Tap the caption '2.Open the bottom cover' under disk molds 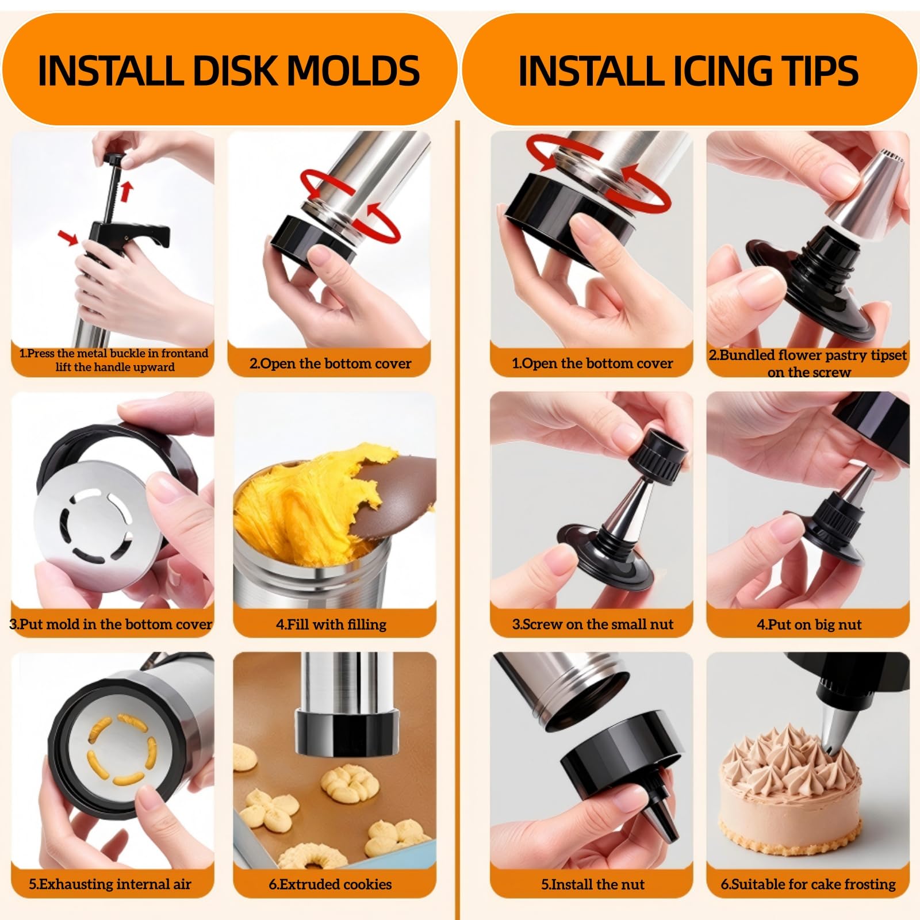[x=331, y=363]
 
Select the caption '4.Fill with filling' [x=331, y=624]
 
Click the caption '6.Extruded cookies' [x=331, y=884]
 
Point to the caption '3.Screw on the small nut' [x=593, y=624]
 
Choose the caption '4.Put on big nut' [x=809, y=624]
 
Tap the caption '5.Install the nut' [x=593, y=884]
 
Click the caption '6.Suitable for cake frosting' [x=808, y=884]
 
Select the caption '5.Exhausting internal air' [x=110, y=884]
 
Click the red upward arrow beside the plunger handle [x=126, y=191]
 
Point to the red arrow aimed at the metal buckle [x=68, y=236]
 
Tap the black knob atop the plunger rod [x=116, y=159]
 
